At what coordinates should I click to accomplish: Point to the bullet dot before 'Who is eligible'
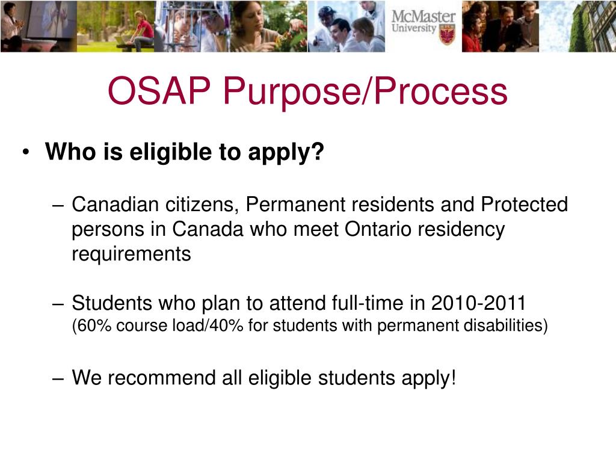pyautogui.click(x=27, y=153)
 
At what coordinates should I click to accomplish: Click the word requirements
pyautogui.click(x=131, y=254)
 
